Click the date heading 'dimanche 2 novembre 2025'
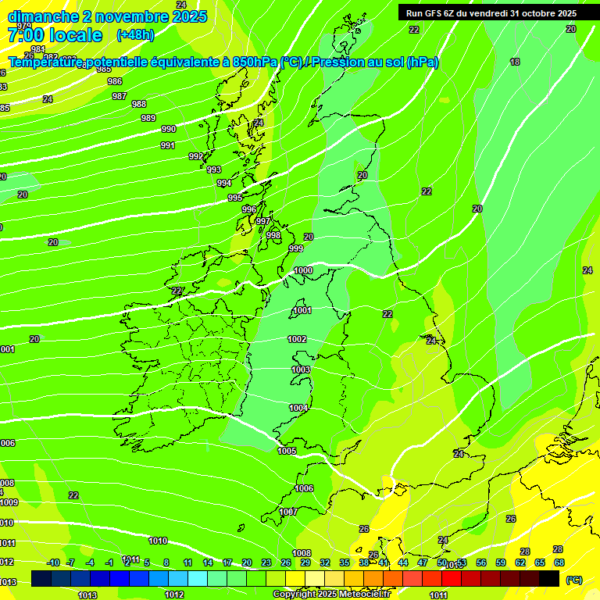pyautogui.click(x=107, y=16)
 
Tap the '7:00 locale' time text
pyautogui.click(x=55, y=35)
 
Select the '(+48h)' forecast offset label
pyautogui.click(x=135, y=35)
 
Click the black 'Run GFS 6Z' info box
pyautogui.click(x=488, y=12)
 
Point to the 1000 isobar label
pyautogui.click(x=303, y=270)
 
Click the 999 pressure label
pyautogui.click(x=296, y=248)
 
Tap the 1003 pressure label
pyautogui.click(x=301, y=370)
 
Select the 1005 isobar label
pyautogui.click(x=287, y=451)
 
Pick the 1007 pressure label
pyautogui.click(x=288, y=512)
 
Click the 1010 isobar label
pyautogui.click(x=158, y=541)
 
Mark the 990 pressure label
pyautogui.click(x=169, y=129)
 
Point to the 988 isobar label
pyautogui.click(x=139, y=104)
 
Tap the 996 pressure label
pyautogui.click(x=249, y=209)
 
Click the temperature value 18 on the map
pyautogui.click(x=515, y=62)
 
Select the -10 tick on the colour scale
pyautogui.click(x=53, y=562)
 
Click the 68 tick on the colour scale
pyautogui.click(x=559, y=562)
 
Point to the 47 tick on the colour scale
pyautogui.click(x=423, y=562)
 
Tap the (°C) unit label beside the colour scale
pyautogui.click(x=573, y=580)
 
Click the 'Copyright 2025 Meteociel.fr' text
pyautogui.click(x=331, y=595)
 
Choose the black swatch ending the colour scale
pyautogui.click(x=549, y=578)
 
